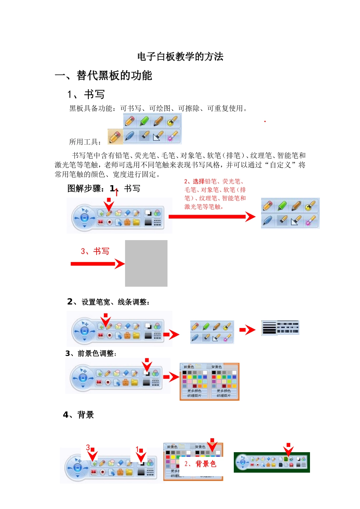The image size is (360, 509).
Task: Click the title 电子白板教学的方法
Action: click(x=180, y=57)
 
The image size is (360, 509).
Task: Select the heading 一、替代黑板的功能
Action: click(x=103, y=76)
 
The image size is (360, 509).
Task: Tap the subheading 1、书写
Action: click(x=86, y=94)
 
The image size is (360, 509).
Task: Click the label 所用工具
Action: click(x=85, y=142)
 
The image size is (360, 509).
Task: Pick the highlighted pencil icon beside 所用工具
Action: click(x=115, y=137)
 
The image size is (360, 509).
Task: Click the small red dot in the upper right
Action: click(x=265, y=122)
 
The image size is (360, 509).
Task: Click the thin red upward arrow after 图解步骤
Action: click(x=116, y=192)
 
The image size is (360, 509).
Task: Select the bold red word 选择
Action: click(x=199, y=181)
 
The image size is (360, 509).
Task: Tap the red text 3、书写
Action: click(x=95, y=251)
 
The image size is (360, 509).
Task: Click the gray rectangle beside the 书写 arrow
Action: click(x=146, y=263)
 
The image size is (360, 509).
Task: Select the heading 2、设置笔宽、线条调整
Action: click(x=109, y=302)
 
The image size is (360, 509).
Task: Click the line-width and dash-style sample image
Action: click(x=280, y=328)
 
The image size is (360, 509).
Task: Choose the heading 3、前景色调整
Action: click(x=91, y=353)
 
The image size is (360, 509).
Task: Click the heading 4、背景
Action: click(x=78, y=415)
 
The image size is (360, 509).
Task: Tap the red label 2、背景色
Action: click(x=200, y=464)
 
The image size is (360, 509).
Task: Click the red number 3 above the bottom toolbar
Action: click(x=88, y=448)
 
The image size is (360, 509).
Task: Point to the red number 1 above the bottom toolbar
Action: click(x=137, y=449)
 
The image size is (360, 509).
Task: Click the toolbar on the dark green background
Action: click(x=272, y=462)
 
